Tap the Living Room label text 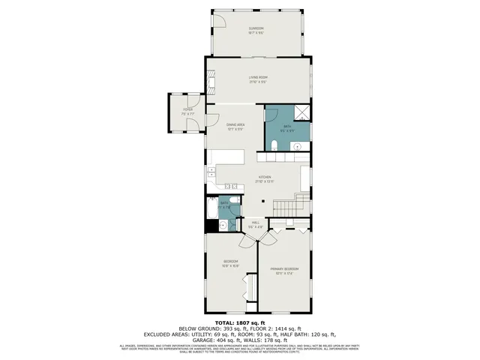click(x=258, y=78)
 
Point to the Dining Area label click(x=235, y=126)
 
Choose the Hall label click(x=254, y=223)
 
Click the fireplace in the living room click(x=309, y=78)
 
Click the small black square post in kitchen click(x=262, y=201)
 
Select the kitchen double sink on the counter click(x=230, y=187)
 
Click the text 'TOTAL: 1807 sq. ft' click(x=240, y=322)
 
